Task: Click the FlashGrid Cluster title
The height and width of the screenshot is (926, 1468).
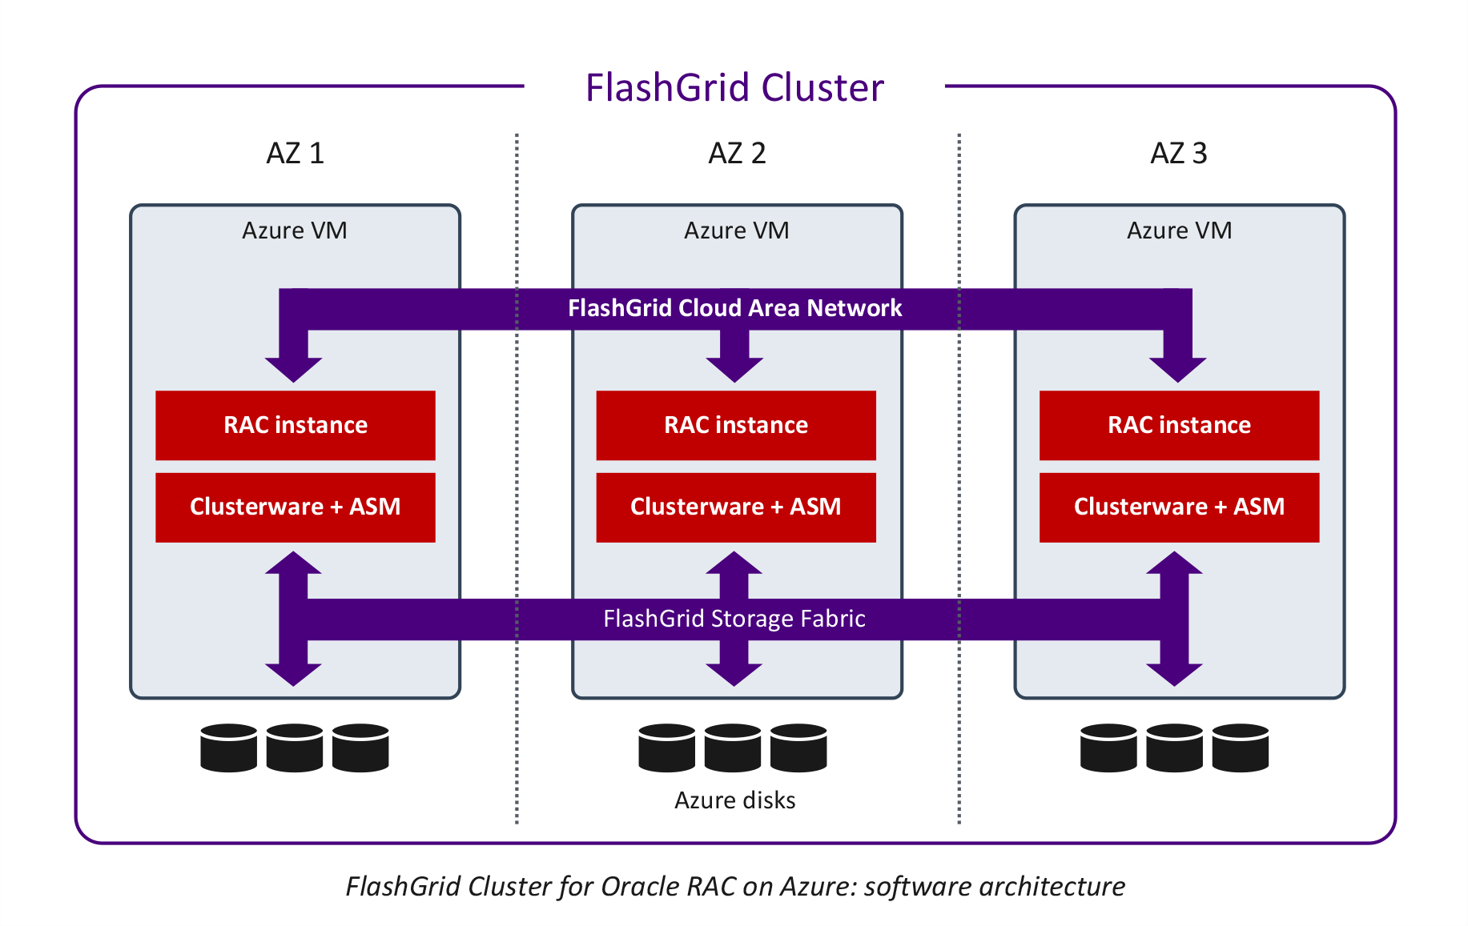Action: (734, 87)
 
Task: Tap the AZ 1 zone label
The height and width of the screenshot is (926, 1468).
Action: (295, 153)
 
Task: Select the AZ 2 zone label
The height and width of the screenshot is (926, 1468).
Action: (737, 153)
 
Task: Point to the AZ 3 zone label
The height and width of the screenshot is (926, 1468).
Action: (1178, 153)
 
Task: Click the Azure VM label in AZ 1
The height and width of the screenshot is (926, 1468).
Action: (295, 230)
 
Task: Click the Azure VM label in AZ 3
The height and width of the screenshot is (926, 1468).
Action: (1179, 230)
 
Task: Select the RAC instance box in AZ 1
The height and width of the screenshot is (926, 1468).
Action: (295, 425)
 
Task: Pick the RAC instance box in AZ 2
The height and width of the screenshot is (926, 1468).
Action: (736, 425)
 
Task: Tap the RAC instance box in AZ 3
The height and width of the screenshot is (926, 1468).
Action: (1179, 425)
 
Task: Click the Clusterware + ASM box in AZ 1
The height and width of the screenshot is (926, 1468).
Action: (295, 507)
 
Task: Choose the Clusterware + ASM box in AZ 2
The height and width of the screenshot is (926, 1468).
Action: (736, 507)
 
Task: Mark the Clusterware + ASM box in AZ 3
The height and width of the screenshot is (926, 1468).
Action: (1179, 507)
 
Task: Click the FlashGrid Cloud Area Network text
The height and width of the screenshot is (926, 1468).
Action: (734, 308)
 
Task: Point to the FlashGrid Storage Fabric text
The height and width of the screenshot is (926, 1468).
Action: (734, 619)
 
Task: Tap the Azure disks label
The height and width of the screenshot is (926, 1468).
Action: (734, 800)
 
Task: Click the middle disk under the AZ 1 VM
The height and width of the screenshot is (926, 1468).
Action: (295, 748)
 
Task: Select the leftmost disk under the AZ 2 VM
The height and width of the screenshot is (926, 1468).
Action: (667, 748)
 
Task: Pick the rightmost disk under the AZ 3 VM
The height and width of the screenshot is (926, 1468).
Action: (1240, 748)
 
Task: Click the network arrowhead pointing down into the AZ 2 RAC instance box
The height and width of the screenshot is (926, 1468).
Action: (734, 367)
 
